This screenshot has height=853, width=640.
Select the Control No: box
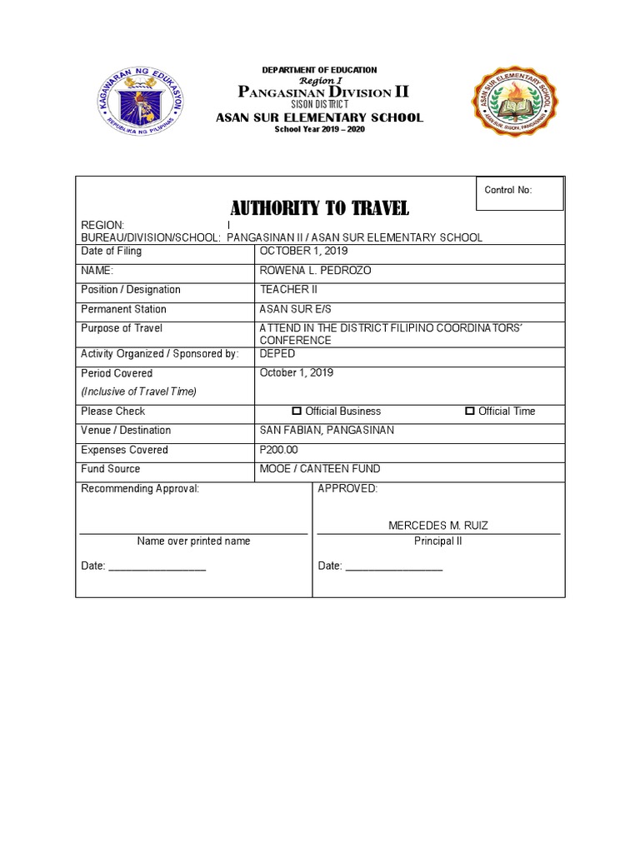pos(518,192)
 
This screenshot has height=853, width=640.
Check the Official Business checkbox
pos(297,412)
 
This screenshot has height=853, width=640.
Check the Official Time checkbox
pos(470,412)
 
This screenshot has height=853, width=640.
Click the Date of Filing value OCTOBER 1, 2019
pos(303,252)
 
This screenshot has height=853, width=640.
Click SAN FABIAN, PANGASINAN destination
pos(327,431)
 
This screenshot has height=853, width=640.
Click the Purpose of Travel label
pos(122,328)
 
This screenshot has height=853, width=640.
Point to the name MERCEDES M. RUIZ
pos(438,526)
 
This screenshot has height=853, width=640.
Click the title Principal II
pos(438,541)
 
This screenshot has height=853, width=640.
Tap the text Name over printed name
pos(193,541)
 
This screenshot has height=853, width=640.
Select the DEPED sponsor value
pos(277,354)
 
